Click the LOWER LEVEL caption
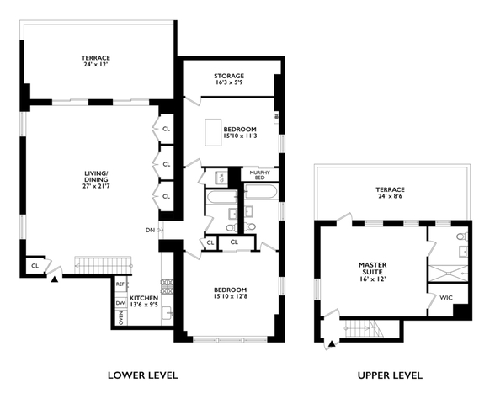[x=143, y=375]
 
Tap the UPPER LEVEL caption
[x=390, y=375]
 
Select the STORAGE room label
[x=229, y=76]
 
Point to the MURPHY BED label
[x=259, y=175]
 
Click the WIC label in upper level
[x=446, y=298]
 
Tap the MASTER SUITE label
[x=372, y=268]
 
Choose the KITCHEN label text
[x=144, y=298]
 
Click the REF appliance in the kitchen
[x=120, y=284]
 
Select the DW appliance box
[x=120, y=303]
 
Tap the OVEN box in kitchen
[x=121, y=317]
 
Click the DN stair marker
[x=150, y=230]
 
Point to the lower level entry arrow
[x=55, y=279]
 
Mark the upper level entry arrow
[x=332, y=344]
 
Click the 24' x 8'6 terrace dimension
[x=391, y=196]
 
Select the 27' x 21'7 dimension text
[x=96, y=186]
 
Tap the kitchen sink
[x=167, y=313]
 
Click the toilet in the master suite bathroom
[x=462, y=236]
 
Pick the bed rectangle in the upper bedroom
[x=213, y=132]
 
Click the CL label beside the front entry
[x=35, y=266]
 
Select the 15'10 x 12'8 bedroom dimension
[x=230, y=296]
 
